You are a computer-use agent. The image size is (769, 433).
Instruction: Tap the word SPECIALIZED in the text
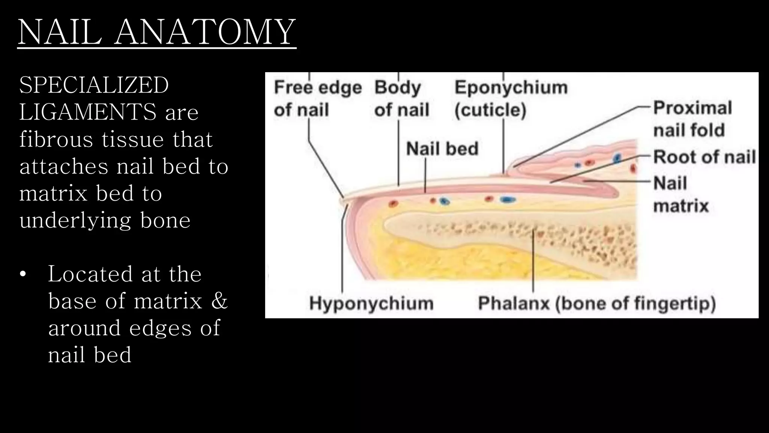94,85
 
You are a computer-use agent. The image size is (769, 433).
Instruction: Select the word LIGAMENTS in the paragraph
88,112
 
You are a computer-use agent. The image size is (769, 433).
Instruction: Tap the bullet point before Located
23,274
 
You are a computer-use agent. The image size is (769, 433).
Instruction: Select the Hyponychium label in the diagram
371,303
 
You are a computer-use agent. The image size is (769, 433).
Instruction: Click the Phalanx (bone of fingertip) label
597,303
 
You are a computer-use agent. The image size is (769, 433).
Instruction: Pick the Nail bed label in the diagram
442,148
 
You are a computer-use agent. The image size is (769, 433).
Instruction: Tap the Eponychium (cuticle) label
511,98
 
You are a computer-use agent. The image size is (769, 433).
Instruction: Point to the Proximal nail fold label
693,119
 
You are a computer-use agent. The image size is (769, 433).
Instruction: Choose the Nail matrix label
681,194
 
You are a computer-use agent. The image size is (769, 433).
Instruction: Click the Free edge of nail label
318,98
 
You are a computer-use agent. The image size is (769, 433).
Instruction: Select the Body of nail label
401,98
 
